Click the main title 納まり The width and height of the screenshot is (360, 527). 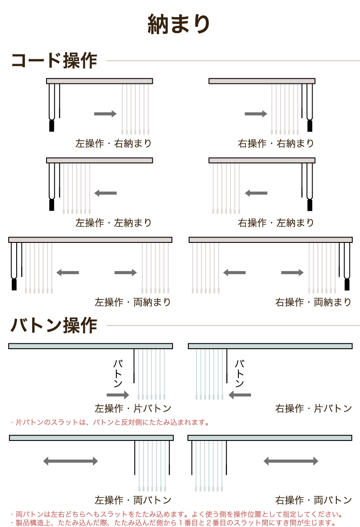click(x=179, y=24)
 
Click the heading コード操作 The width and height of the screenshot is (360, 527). click(x=54, y=61)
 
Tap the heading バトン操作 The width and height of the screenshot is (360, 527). click(x=54, y=325)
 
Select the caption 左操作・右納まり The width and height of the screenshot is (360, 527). click(x=113, y=143)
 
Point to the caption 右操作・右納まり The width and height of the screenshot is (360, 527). click(x=276, y=143)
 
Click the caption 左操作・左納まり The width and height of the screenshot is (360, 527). click(x=113, y=223)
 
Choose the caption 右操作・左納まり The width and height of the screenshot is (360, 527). click(x=276, y=223)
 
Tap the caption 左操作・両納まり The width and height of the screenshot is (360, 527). click(x=133, y=302)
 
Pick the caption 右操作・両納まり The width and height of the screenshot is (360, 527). click(x=313, y=302)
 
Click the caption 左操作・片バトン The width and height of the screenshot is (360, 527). click(x=133, y=408)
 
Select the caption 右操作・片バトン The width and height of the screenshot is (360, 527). click(x=313, y=408)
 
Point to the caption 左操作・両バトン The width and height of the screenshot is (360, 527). click(x=133, y=500)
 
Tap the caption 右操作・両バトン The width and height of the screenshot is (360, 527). click(x=313, y=500)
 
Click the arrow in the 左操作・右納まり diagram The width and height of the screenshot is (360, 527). click(x=105, y=114)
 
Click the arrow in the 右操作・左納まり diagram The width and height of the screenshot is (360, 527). click(x=256, y=193)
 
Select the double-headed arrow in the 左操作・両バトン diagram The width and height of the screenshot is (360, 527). click(x=71, y=461)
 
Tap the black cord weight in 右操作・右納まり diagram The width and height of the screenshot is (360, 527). click(x=310, y=126)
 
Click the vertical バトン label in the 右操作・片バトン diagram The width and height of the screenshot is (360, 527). click(x=239, y=373)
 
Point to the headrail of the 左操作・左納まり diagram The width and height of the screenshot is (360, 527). click(x=100, y=160)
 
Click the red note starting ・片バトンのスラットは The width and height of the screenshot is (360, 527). click(x=110, y=422)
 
